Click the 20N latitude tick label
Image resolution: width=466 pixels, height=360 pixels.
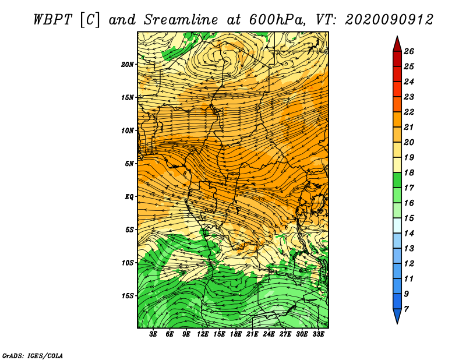[x=128, y=65]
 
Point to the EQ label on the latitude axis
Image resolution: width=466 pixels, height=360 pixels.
[x=129, y=197]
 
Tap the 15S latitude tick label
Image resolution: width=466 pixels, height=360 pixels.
[x=128, y=296]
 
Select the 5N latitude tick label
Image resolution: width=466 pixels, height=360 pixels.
[x=129, y=164]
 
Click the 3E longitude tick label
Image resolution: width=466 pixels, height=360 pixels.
[x=153, y=334]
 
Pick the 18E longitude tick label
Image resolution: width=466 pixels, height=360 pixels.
[x=236, y=334]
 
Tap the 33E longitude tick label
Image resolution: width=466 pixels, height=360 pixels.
[x=318, y=334]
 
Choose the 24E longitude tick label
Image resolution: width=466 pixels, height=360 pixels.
[x=269, y=334]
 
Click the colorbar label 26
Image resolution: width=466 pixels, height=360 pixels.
[x=409, y=51]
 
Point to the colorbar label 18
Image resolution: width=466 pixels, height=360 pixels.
[x=409, y=172]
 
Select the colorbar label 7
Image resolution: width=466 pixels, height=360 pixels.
[x=406, y=309]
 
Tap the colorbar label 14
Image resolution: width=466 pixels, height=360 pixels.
[x=409, y=234]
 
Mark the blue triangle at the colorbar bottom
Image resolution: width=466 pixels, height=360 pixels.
[x=397, y=315]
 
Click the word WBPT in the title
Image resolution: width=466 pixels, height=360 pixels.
[x=52, y=20]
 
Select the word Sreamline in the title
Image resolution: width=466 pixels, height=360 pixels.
[x=181, y=20]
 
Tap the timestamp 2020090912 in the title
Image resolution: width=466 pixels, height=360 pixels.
[x=389, y=20]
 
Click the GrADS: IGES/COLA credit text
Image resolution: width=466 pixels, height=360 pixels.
[x=33, y=356]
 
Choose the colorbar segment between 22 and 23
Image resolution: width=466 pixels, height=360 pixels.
[x=397, y=104]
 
